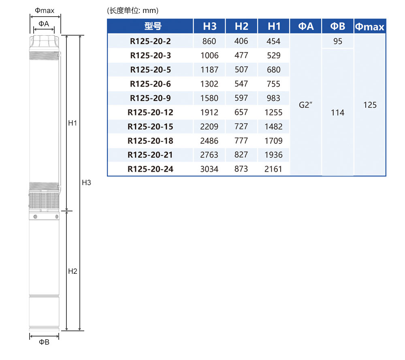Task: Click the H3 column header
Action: [209, 26]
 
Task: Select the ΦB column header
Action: [338, 26]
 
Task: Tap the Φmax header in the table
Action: [370, 27]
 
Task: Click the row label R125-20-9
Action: [150, 98]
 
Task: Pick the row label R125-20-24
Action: [150, 169]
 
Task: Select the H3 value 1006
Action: [209, 55]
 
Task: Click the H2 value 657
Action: [241, 112]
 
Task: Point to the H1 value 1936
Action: [273, 155]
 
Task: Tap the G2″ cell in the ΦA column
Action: [305, 105]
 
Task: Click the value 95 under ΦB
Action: [338, 41]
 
